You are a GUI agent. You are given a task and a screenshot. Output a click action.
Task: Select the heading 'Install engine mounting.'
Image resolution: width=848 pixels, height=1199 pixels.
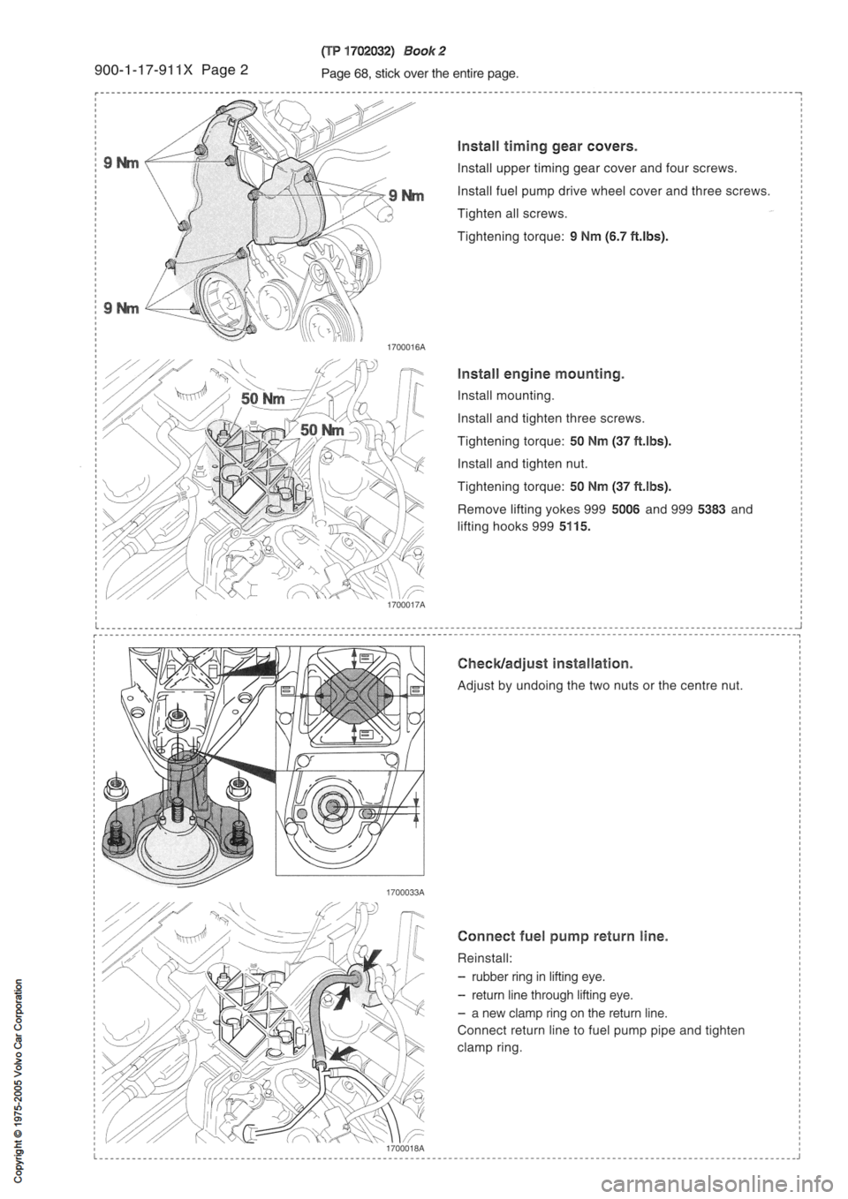(x=541, y=374)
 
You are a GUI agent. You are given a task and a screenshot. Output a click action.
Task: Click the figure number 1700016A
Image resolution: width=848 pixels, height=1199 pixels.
(x=405, y=348)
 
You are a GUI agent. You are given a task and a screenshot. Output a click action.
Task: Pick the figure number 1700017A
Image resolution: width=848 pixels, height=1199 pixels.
(x=405, y=606)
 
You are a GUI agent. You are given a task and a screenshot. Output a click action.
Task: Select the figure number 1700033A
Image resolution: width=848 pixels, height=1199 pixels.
(x=405, y=893)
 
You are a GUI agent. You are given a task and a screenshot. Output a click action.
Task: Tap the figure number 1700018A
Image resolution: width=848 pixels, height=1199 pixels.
(x=405, y=1147)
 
